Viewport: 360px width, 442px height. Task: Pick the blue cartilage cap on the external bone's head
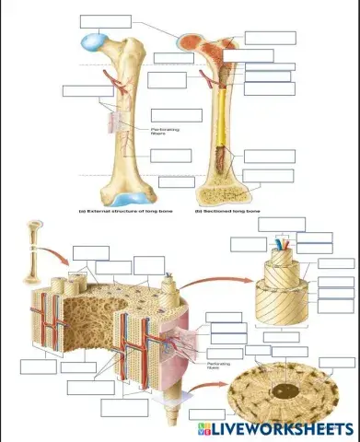click(92, 41)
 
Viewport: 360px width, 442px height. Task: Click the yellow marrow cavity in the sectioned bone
click(223, 129)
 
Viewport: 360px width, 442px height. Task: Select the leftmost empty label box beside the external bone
click(75, 90)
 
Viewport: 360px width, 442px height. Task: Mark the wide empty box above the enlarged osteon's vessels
click(282, 224)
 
